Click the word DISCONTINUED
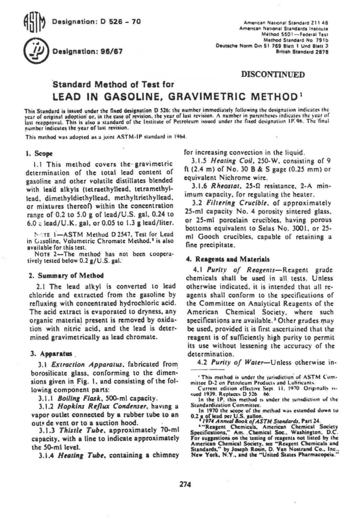[273, 74]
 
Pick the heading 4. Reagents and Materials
[227, 259]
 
